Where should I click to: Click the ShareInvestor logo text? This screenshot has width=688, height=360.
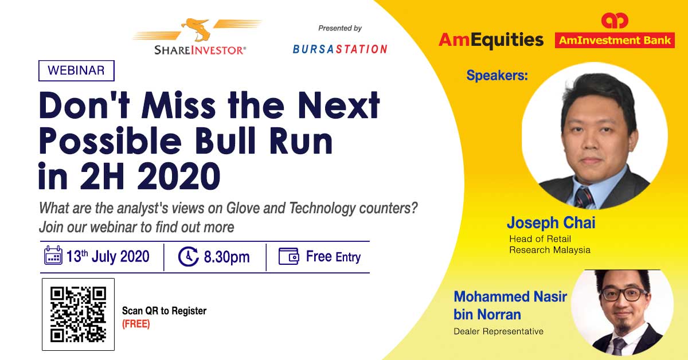click(x=200, y=50)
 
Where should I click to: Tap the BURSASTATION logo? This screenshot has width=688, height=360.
click(x=340, y=49)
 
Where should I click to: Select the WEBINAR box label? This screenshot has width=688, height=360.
click(x=76, y=71)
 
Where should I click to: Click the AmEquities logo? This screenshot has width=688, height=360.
click(x=491, y=40)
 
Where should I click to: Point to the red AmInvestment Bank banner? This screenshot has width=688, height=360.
click(x=615, y=40)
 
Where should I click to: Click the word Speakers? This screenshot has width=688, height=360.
click(x=497, y=75)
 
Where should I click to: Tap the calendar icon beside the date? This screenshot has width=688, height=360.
click(x=53, y=255)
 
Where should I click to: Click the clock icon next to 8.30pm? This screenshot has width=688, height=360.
click(x=188, y=256)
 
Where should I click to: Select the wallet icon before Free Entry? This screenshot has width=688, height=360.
click(x=288, y=256)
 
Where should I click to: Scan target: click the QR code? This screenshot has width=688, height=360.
click(x=79, y=314)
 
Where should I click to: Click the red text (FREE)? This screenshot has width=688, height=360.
click(x=136, y=324)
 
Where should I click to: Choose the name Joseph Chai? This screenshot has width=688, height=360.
click(x=551, y=222)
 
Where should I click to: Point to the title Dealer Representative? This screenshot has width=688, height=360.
click(x=498, y=331)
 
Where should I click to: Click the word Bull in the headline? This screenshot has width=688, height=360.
click(x=225, y=140)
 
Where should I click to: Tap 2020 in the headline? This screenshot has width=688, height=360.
click(x=179, y=176)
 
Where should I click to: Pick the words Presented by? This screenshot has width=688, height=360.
click(x=340, y=28)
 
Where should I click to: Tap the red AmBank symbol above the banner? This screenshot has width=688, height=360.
click(x=615, y=21)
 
